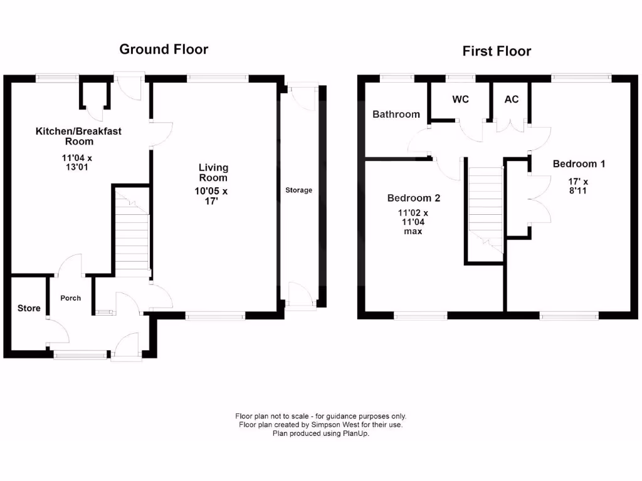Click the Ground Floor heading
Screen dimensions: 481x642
click(164, 49)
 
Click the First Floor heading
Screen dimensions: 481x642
click(497, 51)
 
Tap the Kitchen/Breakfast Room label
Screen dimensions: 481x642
click(78, 136)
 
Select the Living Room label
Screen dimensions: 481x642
click(213, 172)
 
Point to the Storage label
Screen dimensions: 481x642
click(298, 190)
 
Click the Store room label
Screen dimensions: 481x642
click(29, 308)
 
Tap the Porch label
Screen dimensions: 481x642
click(70, 298)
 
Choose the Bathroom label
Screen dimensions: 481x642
click(396, 115)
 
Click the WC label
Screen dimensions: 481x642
click(460, 100)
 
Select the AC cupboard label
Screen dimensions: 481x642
click(512, 100)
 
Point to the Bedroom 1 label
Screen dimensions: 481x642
click(579, 164)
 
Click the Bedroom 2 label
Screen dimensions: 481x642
click(413, 199)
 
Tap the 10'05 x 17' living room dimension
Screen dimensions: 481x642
click(213, 197)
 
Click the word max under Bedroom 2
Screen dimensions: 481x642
click(413, 231)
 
